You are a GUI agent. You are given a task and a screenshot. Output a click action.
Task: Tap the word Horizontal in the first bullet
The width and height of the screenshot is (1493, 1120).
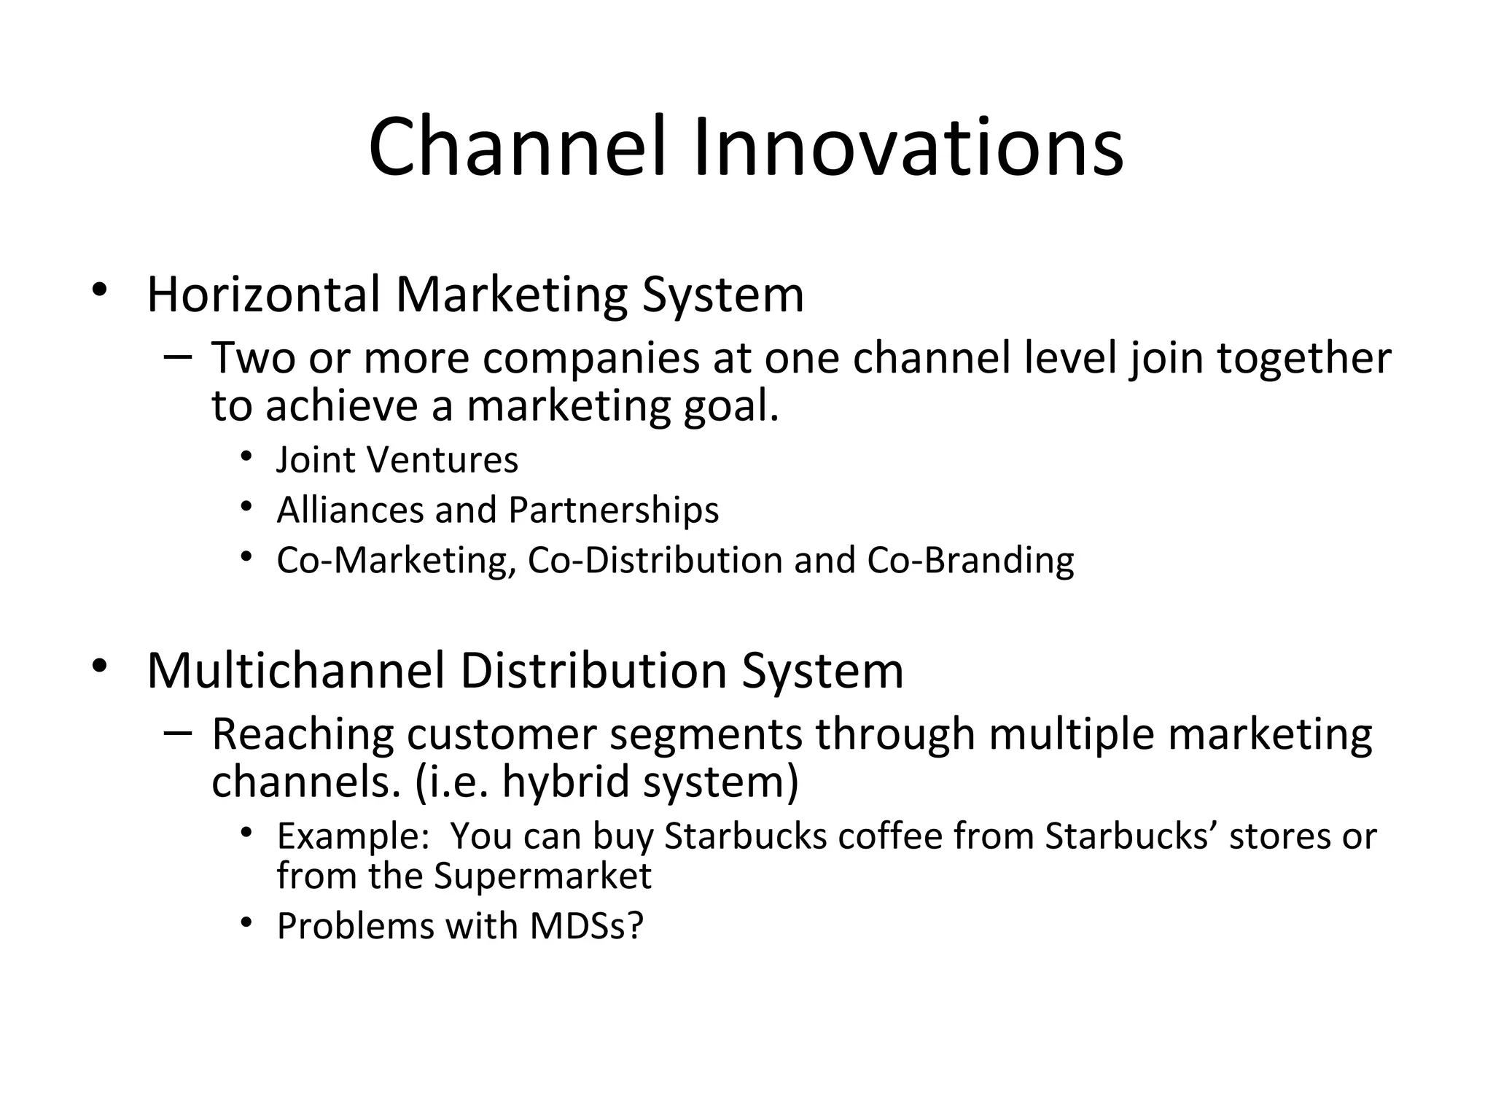(263, 295)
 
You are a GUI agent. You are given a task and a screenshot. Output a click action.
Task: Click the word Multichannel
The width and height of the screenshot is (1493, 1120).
(295, 671)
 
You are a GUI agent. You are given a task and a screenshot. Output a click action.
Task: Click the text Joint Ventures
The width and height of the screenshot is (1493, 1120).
(397, 460)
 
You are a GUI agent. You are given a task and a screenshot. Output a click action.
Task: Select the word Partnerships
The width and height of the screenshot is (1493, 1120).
(613, 510)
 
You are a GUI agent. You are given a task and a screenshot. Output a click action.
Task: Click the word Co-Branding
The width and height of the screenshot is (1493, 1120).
(970, 561)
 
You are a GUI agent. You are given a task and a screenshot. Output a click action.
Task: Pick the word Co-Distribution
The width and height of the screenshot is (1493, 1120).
(654, 561)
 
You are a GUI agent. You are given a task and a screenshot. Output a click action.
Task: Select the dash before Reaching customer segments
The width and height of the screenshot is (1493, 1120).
(178, 732)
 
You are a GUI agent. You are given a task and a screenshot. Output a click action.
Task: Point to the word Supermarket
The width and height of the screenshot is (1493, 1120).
(542, 876)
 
